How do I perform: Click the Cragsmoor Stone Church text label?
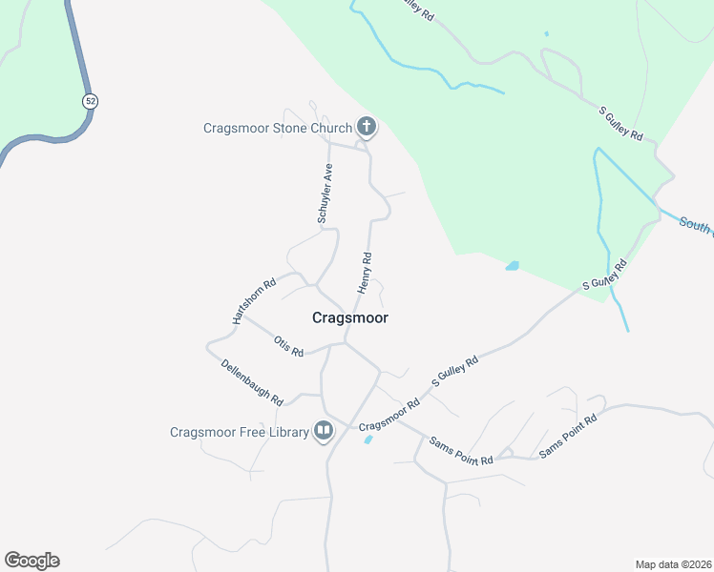click(x=276, y=127)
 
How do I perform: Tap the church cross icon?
click(x=365, y=126)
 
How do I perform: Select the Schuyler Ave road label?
click(x=325, y=194)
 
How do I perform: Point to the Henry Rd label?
click(x=365, y=273)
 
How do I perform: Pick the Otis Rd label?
click(x=287, y=346)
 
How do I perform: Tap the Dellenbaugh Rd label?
click(x=252, y=380)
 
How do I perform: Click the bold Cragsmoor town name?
click(x=350, y=318)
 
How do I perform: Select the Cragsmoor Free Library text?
click(x=240, y=432)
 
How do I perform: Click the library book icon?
click(x=324, y=432)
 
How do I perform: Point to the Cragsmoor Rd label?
click(x=389, y=420)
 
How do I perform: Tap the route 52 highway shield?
click(x=90, y=100)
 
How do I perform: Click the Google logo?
click(x=31, y=561)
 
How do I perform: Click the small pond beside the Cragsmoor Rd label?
click(x=367, y=439)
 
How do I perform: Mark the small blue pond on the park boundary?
click(x=513, y=266)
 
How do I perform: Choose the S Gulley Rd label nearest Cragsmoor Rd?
click(x=455, y=367)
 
